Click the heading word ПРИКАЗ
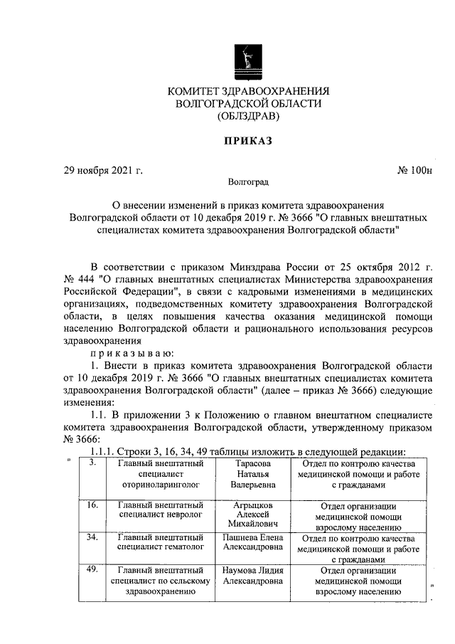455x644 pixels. tap(248, 142)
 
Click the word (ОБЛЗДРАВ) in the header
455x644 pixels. tap(248, 116)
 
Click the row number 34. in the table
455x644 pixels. tap(92, 537)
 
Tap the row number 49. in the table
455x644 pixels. tap(92, 569)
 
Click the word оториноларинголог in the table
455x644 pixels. tap(162, 485)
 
